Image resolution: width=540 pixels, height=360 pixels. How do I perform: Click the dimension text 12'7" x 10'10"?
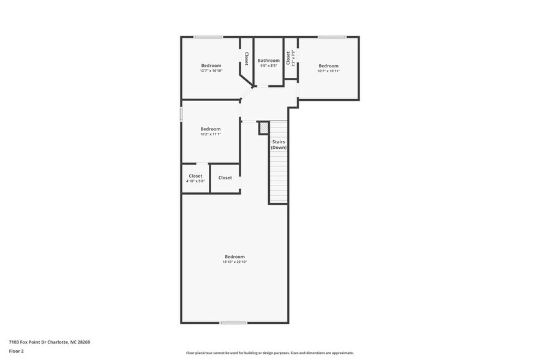(x=211, y=71)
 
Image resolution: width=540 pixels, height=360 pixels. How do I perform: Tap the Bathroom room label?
(x=268, y=61)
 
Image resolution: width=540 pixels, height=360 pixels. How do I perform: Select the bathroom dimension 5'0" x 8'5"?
(x=268, y=66)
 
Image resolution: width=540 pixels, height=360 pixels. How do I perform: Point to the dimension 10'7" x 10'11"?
(x=328, y=71)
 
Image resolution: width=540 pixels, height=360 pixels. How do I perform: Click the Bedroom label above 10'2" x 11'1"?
(x=210, y=129)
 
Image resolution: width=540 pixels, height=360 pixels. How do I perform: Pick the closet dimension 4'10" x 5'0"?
(x=195, y=181)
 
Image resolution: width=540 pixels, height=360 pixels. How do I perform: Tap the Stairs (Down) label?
(x=279, y=144)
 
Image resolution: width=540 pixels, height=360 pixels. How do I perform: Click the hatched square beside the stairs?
(x=264, y=128)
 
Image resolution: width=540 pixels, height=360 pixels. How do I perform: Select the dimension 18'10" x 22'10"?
(x=234, y=262)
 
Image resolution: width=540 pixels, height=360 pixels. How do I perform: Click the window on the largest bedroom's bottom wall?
(x=233, y=323)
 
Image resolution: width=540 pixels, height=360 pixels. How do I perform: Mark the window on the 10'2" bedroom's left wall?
(x=181, y=114)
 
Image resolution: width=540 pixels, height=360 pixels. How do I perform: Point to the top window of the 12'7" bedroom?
(x=208, y=37)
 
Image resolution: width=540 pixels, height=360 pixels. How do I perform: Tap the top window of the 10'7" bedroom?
(x=332, y=37)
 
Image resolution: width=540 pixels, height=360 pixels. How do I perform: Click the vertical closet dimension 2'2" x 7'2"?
(x=294, y=59)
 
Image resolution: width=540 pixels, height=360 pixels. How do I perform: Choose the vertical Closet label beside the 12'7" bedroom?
(x=246, y=59)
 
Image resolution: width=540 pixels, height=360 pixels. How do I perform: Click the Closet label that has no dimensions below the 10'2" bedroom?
(x=225, y=178)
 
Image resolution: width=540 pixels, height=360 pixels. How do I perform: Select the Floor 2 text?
(x=17, y=351)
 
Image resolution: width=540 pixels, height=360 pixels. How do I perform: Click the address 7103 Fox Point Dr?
(x=31, y=342)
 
